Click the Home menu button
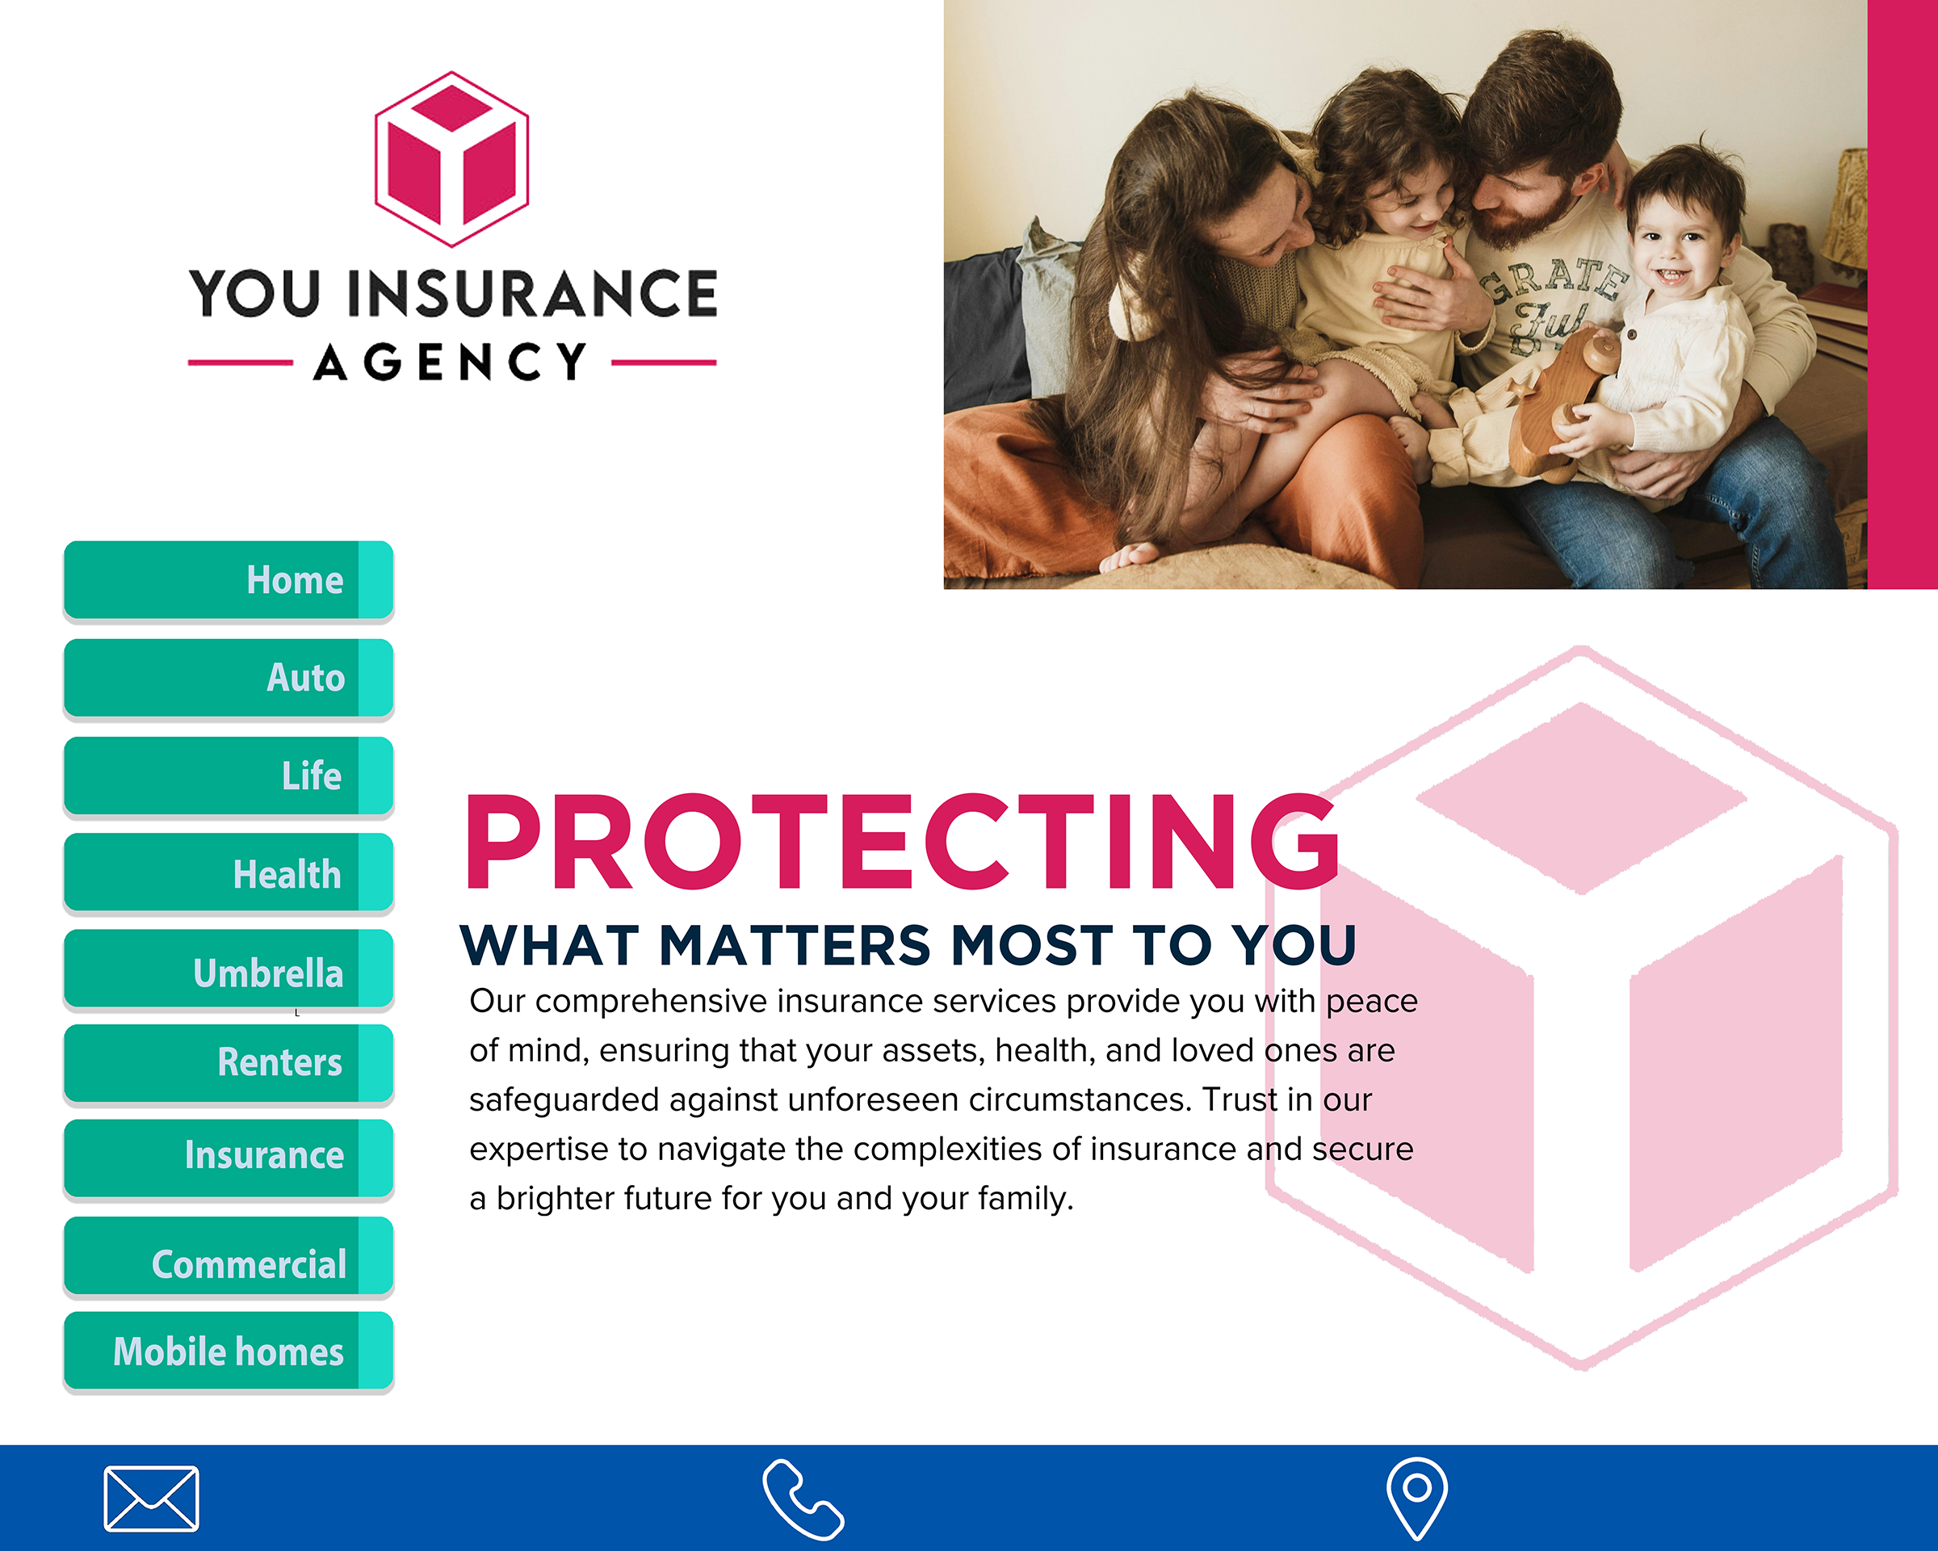point(229,580)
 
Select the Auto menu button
point(229,678)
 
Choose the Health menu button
point(229,872)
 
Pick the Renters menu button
point(229,1064)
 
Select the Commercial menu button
point(229,1256)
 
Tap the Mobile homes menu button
point(229,1351)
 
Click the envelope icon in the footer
point(151,1498)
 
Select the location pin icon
point(1416,1498)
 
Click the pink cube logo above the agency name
point(451,159)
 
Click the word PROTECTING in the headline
point(902,842)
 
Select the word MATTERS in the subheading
point(795,946)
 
